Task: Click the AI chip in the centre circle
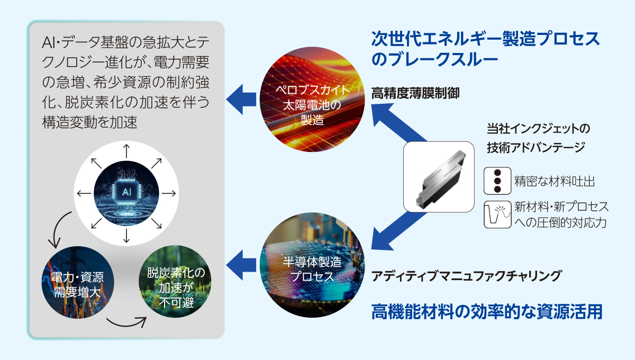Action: [x=126, y=192]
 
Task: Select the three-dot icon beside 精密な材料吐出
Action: [x=497, y=181]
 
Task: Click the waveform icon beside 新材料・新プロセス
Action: [x=497, y=214]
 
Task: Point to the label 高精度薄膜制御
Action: [x=415, y=93]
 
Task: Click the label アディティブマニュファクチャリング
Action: [x=466, y=276]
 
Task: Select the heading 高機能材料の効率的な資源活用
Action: [x=487, y=311]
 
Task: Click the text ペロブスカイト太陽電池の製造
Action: [x=312, y=105]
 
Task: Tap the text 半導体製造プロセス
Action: [x=312, y=269]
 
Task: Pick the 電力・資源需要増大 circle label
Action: [x=77, y=284]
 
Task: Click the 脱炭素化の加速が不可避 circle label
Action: [x=176, y=287]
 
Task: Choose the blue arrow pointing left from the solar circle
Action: [x=241, y=100]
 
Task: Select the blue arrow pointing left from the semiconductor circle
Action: [x=241, y=265]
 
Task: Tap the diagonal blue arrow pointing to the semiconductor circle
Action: [x=399, y=231]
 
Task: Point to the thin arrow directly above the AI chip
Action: [x=126, y=151]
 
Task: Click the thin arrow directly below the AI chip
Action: [x=126, y=236]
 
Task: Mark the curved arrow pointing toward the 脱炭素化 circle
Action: [x=126, y=322]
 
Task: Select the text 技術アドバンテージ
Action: [x=536, y=148]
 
